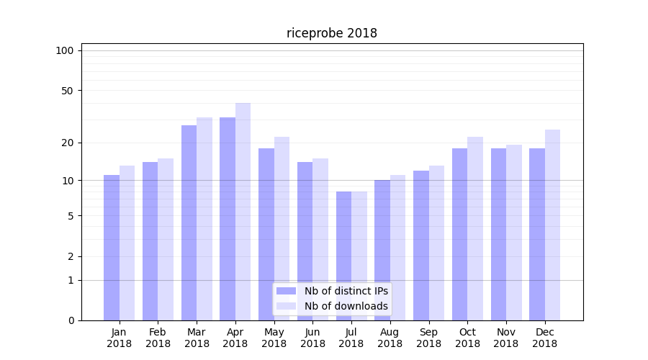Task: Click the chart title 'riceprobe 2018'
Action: click(332, 33)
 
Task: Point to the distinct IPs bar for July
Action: click(343, 256)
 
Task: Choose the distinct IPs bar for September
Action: click(421, 245)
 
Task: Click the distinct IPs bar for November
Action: click(498, 234)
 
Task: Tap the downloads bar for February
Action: click(166, 238)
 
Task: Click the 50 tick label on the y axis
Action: click(68, 91)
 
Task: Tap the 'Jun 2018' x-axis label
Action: click(312, 338)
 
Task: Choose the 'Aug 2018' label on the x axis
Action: click(390, 338)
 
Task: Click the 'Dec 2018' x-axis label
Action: click(544, 338)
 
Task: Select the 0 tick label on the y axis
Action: click(71, 320)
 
